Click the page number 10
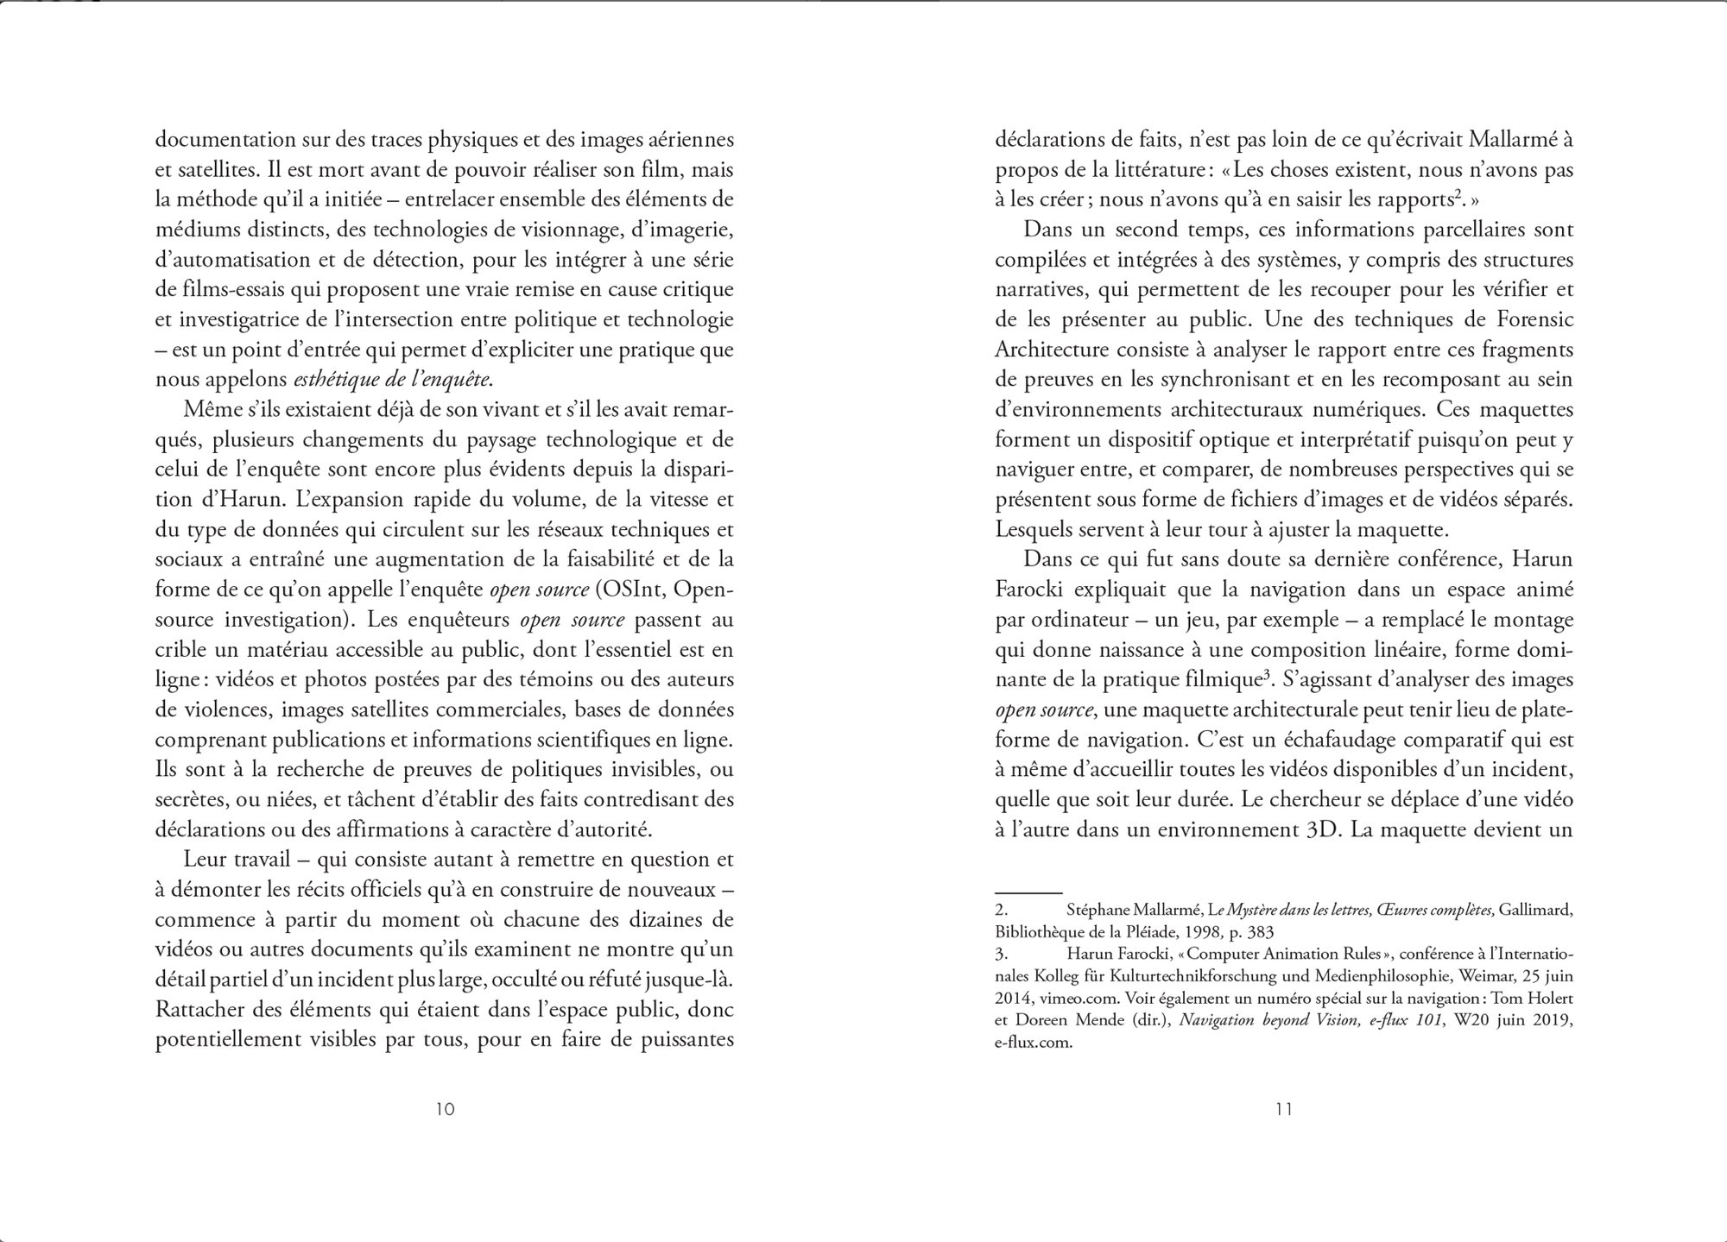click(445, 1109)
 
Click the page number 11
click(1284, 1109)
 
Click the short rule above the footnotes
click(1028, 892)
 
